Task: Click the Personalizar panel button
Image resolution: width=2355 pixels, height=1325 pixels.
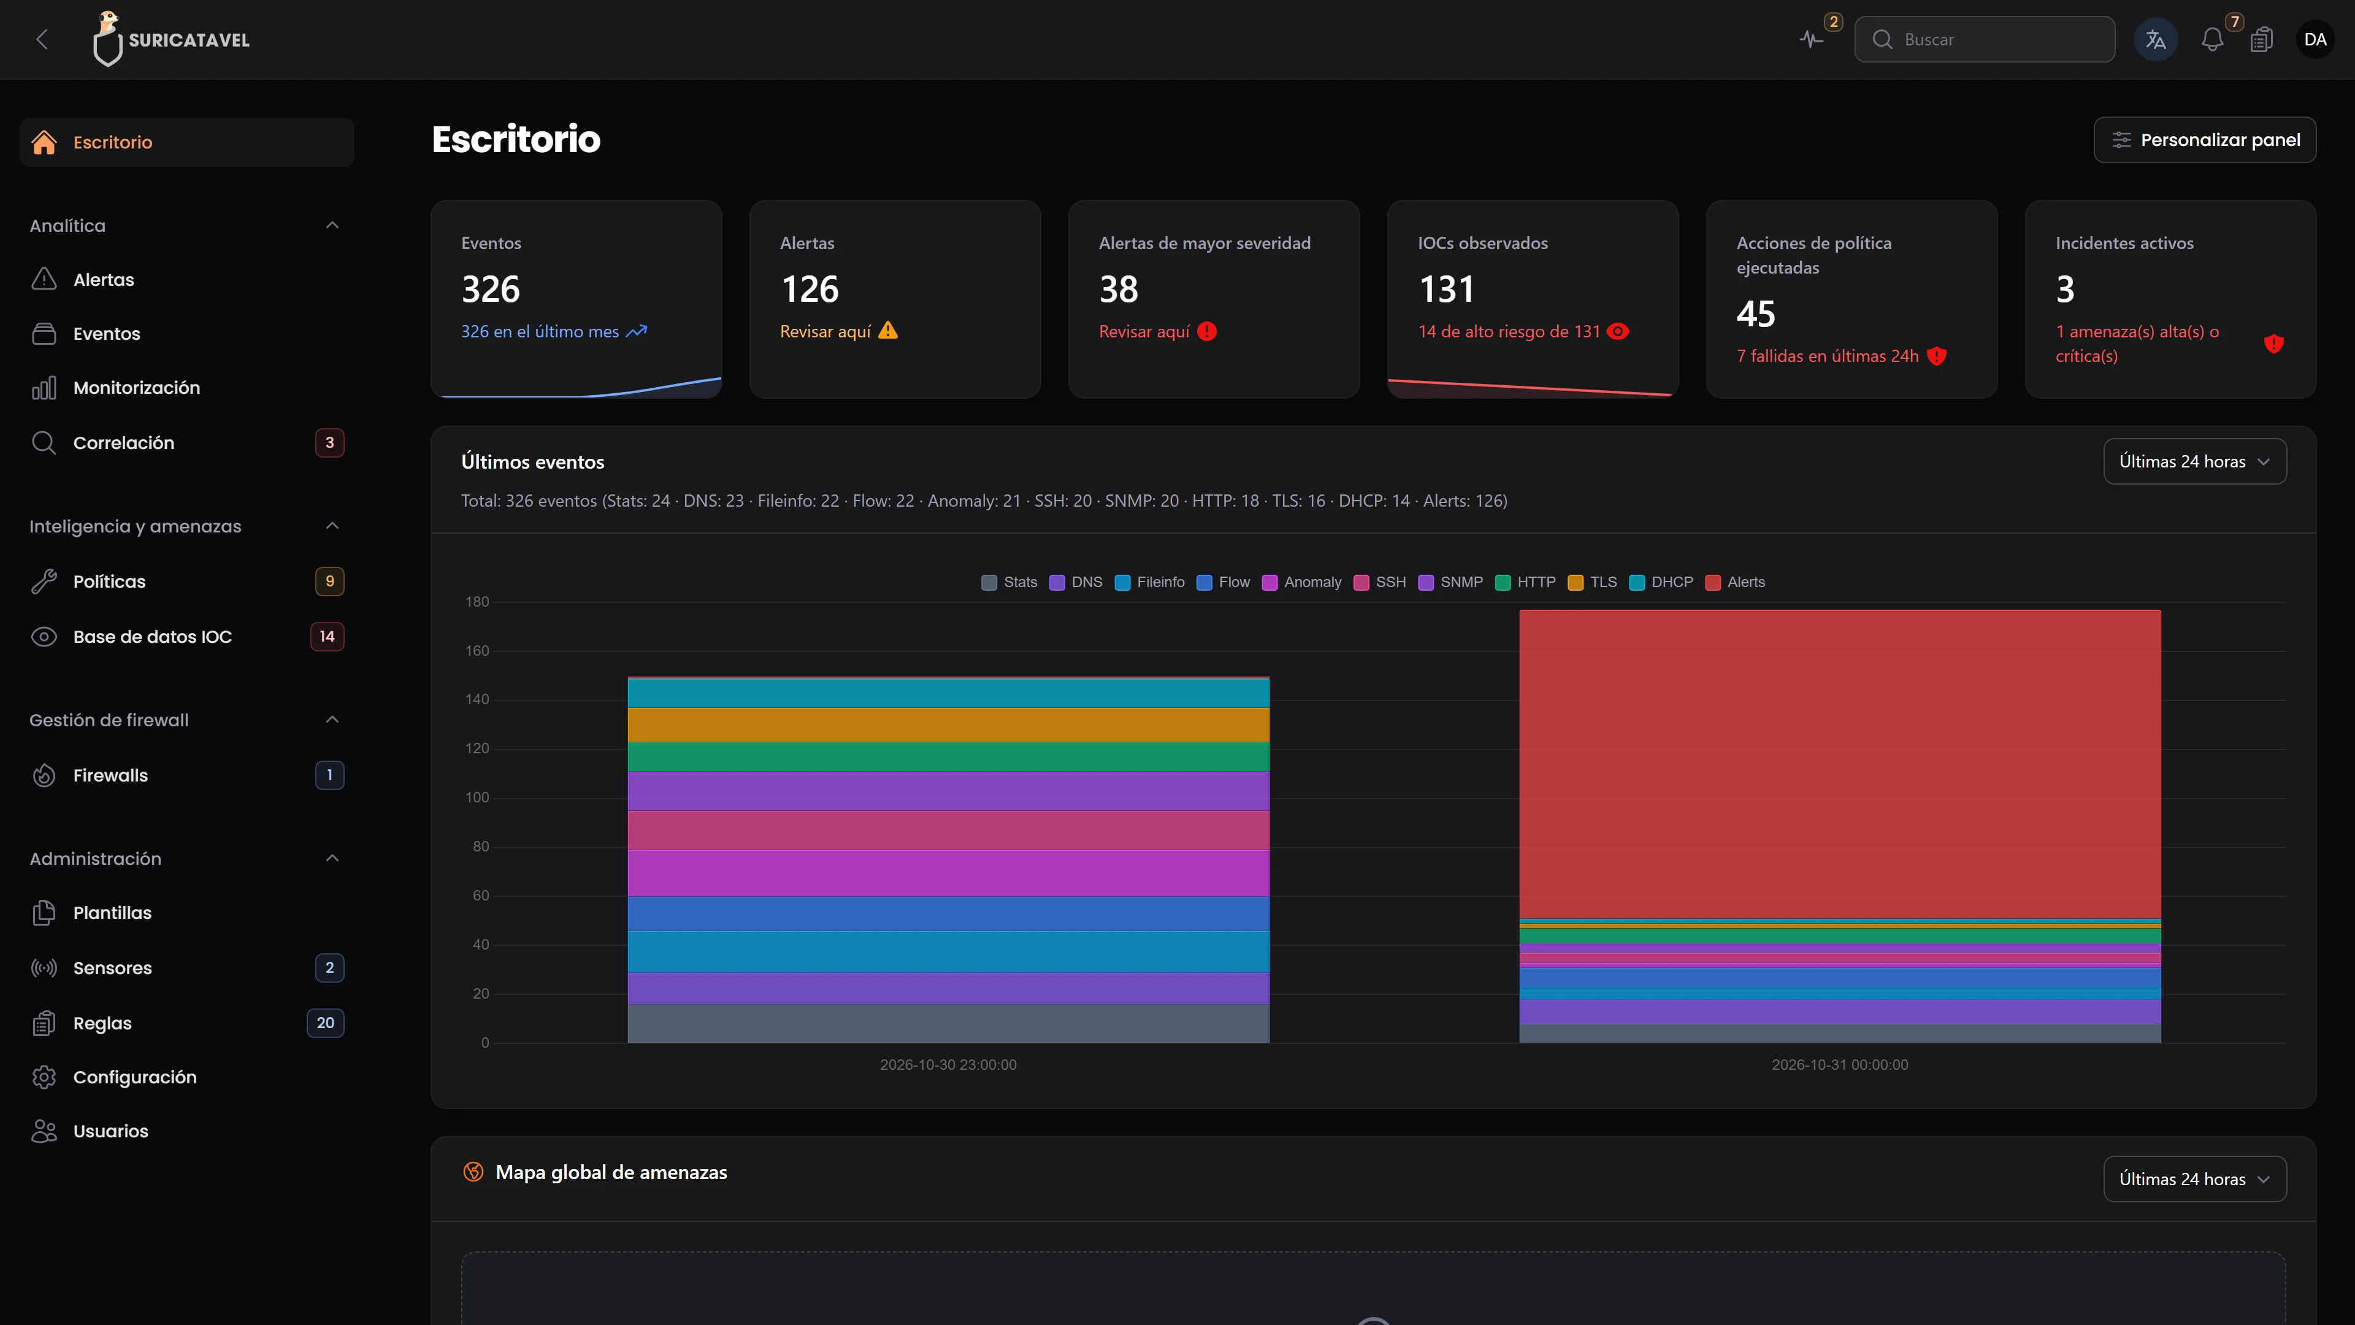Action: (2204, 140)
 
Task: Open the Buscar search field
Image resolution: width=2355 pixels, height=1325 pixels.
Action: (1984, 39)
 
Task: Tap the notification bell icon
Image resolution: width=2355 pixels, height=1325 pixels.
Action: (2211, 39)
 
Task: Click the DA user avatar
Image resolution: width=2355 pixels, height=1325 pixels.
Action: (2315, 39)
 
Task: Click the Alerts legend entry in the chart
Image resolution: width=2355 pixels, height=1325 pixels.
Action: (1735, 583)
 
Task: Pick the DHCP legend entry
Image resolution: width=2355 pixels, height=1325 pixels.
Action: (1661, 583)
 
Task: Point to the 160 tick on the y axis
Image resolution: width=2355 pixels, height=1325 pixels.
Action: (477, 651)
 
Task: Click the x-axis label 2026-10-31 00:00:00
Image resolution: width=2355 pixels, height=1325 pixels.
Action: (1839, 1064)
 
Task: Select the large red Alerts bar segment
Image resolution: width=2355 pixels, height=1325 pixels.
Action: (1839, 764)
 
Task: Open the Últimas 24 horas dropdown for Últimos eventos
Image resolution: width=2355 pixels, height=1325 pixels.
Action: (2195, 462)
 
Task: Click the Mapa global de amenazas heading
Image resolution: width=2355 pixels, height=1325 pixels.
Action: (611, 1172)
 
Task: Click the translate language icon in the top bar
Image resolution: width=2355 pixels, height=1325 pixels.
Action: (2156, 39)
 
